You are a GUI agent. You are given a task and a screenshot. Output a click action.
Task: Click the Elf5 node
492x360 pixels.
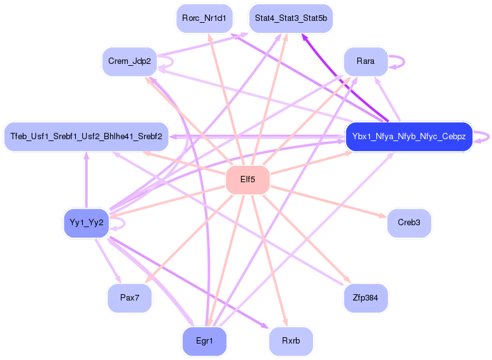click(247, 180)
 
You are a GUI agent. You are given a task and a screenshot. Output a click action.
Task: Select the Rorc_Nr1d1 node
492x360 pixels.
click(204, 18)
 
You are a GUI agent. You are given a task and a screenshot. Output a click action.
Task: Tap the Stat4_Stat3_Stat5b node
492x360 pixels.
click(291, 18)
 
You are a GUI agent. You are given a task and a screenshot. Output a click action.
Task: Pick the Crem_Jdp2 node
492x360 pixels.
click(130, 61)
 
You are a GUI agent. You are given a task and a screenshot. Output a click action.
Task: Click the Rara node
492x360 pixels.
click(366, 61)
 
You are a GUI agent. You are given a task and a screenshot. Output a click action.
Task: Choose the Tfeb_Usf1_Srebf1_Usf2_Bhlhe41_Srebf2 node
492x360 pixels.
click(86, 137)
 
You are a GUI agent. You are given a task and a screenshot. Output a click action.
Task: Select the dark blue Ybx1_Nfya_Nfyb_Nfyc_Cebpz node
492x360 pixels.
click(409, 137)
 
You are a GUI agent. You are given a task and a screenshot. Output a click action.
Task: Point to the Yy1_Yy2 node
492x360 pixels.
click(86, 223)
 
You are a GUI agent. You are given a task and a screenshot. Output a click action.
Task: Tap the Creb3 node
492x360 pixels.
click(409, 223)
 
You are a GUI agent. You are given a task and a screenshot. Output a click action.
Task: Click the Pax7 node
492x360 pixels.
click(130, 297)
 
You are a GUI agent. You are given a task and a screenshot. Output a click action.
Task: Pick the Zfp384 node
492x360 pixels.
click(366, 297)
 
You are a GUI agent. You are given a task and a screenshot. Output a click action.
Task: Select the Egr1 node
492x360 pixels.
click(204, 340)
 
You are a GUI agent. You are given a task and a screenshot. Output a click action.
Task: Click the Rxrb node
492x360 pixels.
click(291, 340)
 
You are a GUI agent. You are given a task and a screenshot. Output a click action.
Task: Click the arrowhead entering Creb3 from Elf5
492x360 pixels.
click(383, 216)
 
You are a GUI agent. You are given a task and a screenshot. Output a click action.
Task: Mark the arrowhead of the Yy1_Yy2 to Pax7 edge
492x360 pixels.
click(118, 279)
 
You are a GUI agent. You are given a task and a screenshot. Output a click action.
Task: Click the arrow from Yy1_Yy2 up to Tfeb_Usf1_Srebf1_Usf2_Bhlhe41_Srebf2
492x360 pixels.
click(86, 180)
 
